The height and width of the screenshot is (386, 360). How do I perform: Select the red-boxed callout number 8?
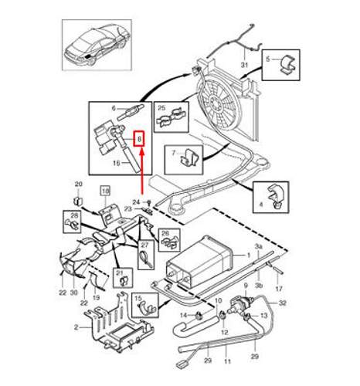point(140,140)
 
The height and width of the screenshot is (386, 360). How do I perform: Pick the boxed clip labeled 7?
point(185,157)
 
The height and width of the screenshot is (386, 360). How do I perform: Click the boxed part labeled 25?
point(172,113)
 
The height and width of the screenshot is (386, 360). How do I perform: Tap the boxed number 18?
point(104,190)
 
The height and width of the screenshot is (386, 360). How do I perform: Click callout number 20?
point(77,183)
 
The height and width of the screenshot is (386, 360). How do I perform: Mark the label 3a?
point(259,244)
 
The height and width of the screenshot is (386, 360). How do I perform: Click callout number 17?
point(279,290)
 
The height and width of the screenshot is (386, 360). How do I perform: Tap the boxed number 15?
point(139,298)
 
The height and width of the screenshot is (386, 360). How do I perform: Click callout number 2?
point(76,328)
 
